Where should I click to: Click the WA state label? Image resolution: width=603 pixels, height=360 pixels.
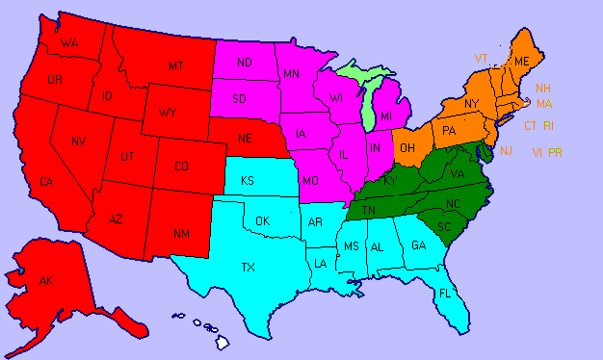[68, 44]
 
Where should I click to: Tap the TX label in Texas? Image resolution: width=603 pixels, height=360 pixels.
[248, 267]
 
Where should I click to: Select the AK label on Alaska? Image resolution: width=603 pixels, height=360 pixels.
[45, 280]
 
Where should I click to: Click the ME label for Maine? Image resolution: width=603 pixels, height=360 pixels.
[523, 62]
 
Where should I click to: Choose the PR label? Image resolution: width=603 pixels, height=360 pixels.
[555, 152]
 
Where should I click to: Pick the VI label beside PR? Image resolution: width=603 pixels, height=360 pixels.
[537, 152]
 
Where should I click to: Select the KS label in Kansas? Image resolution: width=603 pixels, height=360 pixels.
[248, 181]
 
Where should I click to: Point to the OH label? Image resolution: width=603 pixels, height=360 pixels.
[407, 147]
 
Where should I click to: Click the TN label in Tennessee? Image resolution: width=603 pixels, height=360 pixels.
[370, 211]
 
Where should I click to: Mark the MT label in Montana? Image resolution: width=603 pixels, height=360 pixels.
[175, 65]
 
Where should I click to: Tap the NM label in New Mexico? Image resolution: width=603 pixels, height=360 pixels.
[180, 234]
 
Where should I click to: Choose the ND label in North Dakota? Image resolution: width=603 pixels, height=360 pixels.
[245, 63]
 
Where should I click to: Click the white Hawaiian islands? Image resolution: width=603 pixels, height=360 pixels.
[221, 340]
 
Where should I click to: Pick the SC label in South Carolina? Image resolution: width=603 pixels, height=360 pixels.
[444, 226]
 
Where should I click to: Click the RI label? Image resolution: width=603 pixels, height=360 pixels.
[548, 126]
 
